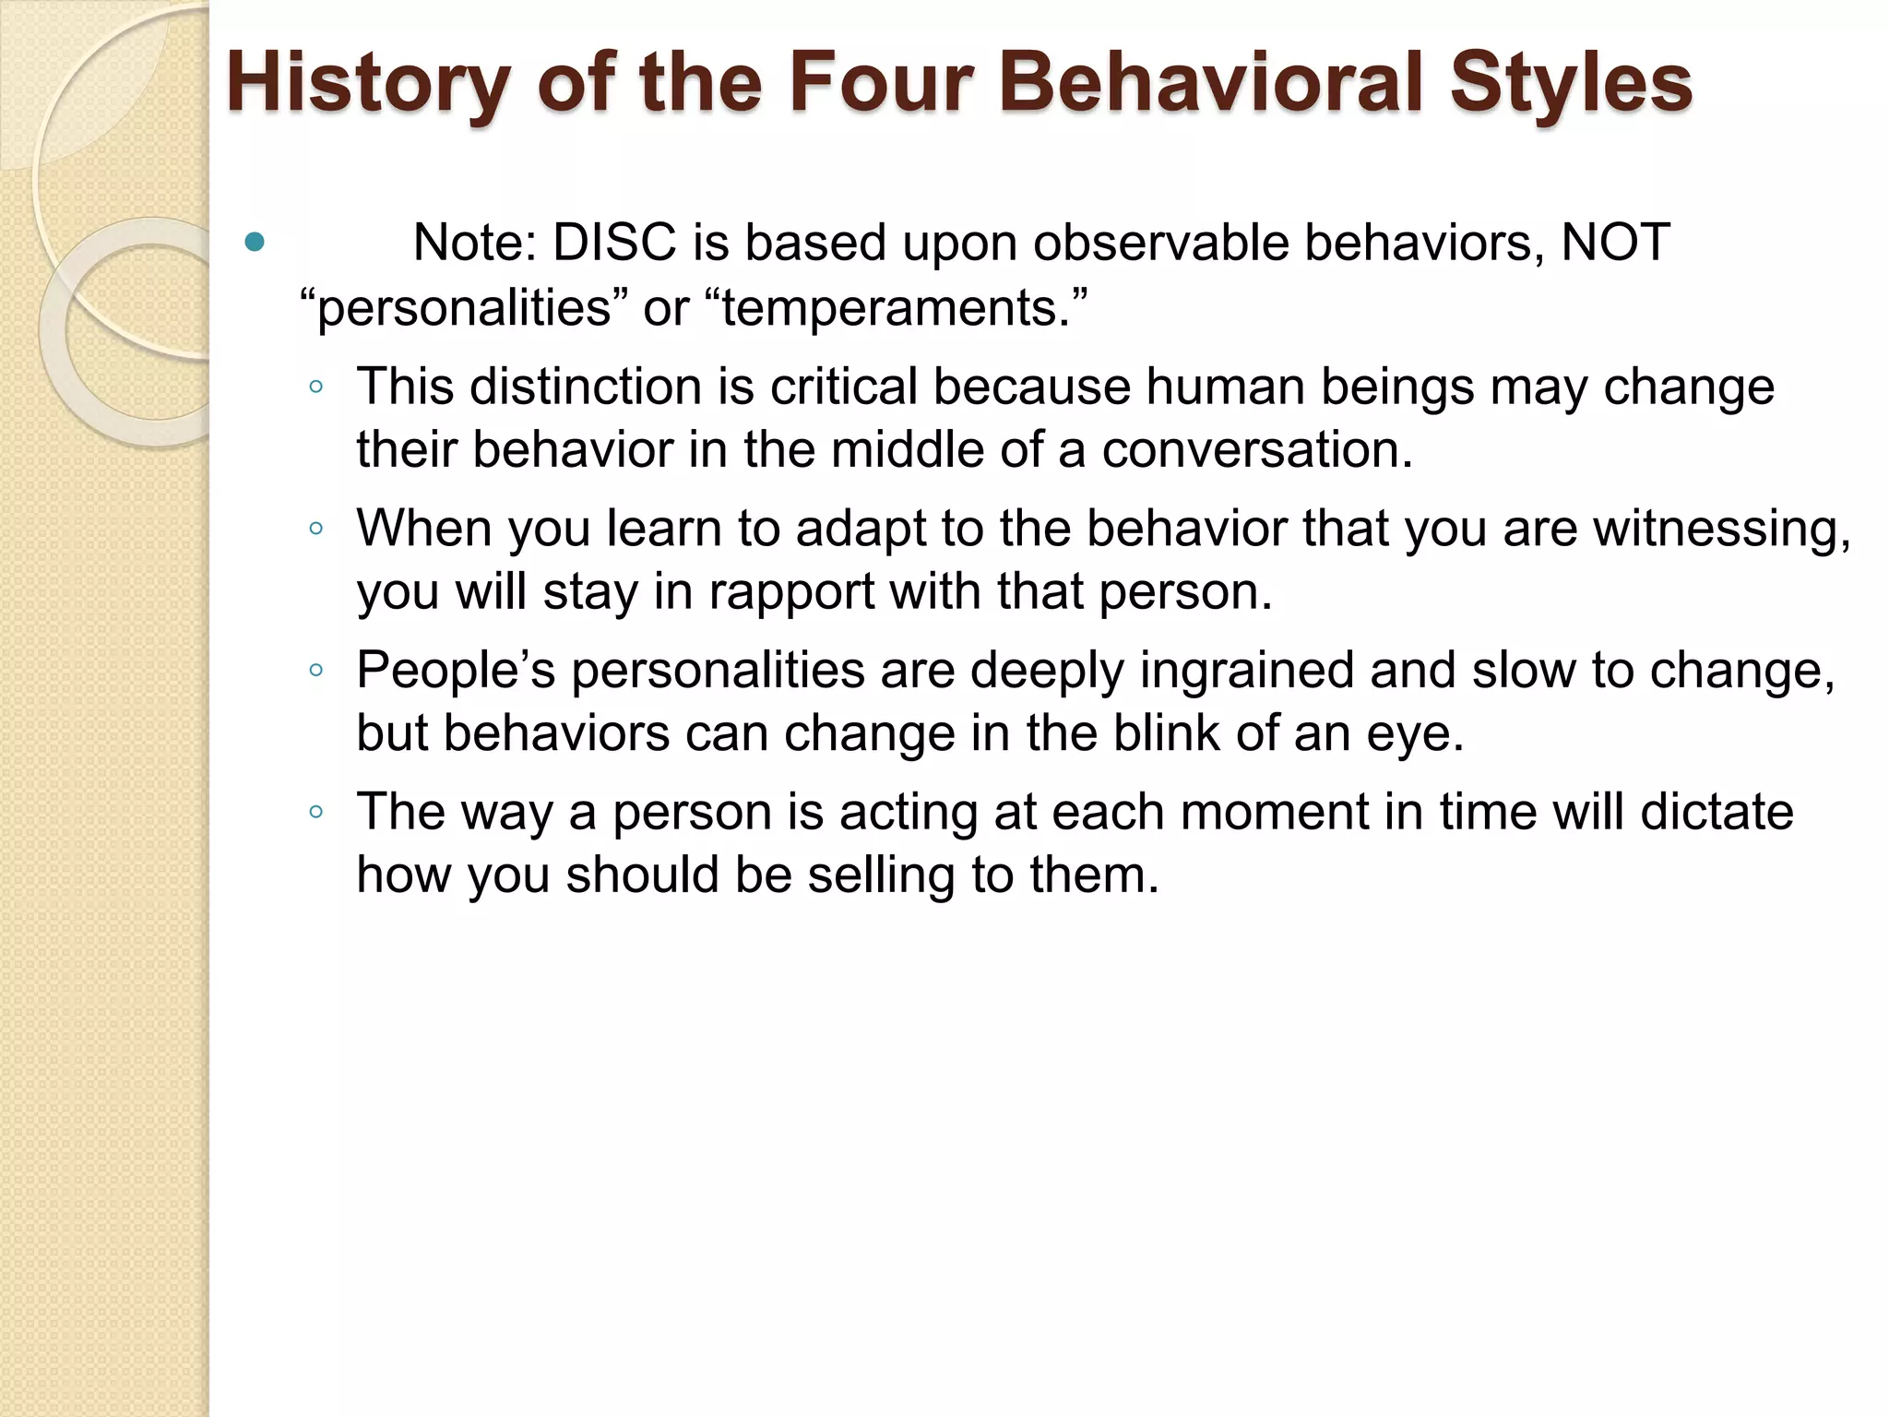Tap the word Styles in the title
[x=1570, y=83]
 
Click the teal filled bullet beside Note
[x=255, y=244]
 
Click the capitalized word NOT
[x=1614, y=244]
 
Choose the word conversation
[x=1256, y=450]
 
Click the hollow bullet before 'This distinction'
[x=316, y=387]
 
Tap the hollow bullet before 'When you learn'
[x=316, y=530]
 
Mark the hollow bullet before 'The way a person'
[x=316, y=813]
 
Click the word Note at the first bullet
[x=474, y=244]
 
